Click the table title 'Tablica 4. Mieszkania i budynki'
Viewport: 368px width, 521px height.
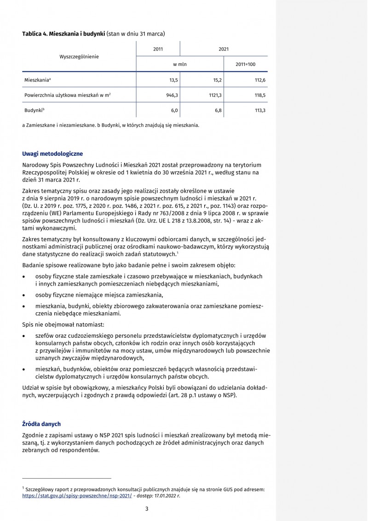[x=64, y=34]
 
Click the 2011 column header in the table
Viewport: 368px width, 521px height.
[x=158, y=49]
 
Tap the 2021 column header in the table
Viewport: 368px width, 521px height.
[x=224, y=49]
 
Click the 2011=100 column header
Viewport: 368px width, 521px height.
[x=245, y=64]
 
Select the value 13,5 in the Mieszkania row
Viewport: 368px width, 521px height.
[x=173, y=80]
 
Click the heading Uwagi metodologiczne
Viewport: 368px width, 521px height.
[x=52, y=153]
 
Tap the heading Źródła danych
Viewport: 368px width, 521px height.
[x=41, y=423]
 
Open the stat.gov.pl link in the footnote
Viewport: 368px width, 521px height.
[x=77, y=496]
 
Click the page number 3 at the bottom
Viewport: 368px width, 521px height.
[x=146, y=509]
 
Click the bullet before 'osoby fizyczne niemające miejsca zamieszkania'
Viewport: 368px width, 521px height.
[x=24, y=295]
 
